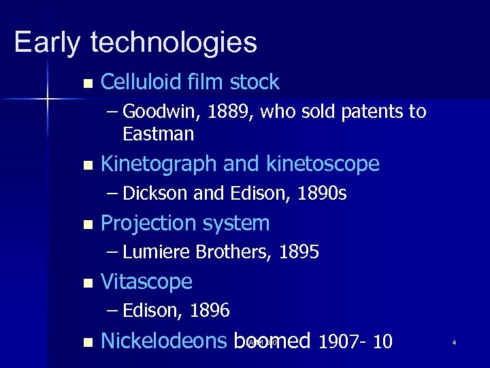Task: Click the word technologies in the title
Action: (174, 42)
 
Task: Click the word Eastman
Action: (159, 134)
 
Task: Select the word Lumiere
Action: (157, 253)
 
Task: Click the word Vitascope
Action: (146, 281)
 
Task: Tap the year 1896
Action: (210, 311)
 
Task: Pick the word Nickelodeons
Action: (163, 341)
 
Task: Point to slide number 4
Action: (453, 342)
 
